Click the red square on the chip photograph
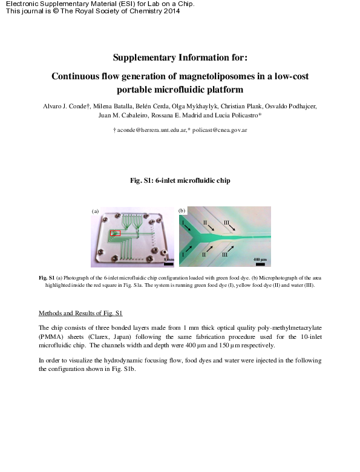[115, 233]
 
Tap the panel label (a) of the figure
[94, 211]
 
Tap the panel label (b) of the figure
[182, 211]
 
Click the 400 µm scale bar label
[259, 260]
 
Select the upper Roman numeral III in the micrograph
[226, 223]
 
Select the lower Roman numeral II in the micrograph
[203, 255]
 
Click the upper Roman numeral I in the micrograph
[183, 223]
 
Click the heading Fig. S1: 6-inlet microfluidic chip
[180, 180]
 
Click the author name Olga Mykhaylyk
[217, 106]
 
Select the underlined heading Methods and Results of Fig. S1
[80, 313]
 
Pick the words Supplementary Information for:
[180, 57]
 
